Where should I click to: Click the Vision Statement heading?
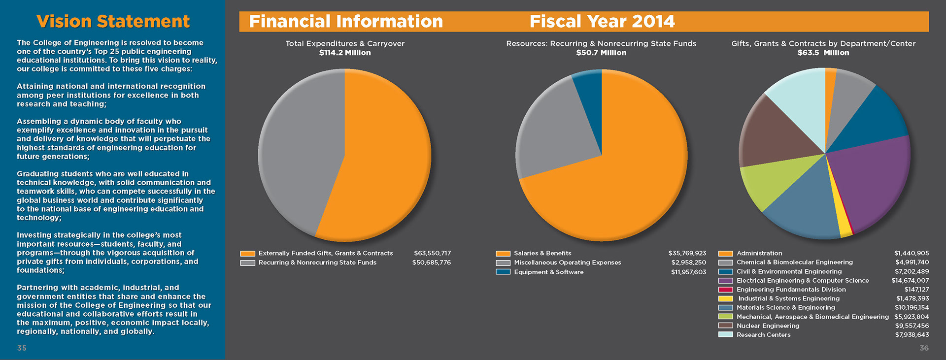coord(113,22)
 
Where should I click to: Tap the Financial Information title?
coord(346,22)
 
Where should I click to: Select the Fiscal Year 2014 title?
coord(602,22)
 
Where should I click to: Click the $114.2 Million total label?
coord(345,53)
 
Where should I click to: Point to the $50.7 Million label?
coord(601,53)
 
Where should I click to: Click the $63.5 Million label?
coord(823,53)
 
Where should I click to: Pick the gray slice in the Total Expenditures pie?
coord(296,153)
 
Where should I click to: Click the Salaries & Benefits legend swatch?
coord(503,254)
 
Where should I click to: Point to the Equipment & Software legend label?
coord(548,272)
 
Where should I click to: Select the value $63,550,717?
coord(432,253)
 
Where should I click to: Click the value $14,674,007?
coord(910,281)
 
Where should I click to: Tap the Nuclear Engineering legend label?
coord(768,326)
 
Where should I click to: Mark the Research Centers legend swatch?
coord(725,335)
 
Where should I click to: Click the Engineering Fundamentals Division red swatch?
coord(725,290)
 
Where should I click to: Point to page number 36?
coord(924,348)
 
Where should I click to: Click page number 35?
coord(22,348)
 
